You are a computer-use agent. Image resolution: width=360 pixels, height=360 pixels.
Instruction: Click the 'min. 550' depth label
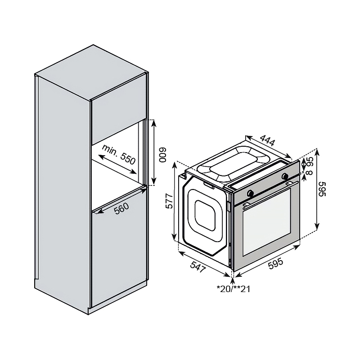click(119, 154)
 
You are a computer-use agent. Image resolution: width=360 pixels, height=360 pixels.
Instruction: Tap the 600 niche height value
click(162, 155)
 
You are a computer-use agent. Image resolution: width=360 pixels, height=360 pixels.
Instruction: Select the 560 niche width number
click(121, 209)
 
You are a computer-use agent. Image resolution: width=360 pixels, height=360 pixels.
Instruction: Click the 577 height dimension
click(169, 201)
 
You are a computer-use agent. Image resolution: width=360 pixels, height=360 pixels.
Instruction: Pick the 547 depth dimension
click(198, 266)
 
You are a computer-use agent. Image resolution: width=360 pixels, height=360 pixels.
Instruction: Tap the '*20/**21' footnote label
click(233, 289)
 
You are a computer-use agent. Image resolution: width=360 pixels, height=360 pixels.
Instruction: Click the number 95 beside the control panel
click(310, 161)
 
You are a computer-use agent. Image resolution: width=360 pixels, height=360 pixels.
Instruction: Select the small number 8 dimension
click(310, 172)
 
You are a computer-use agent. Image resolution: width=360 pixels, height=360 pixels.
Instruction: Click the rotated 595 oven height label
click(322, 189)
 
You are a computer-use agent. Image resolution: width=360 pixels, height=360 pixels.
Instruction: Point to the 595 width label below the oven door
click(275, 264)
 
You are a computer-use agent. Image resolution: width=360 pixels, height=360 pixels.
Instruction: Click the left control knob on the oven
click(251, 193)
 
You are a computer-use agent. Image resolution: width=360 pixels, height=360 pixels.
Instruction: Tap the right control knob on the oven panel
click(285, 176)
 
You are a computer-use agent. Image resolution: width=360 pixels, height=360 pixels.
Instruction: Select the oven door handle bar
click(270, 193)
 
